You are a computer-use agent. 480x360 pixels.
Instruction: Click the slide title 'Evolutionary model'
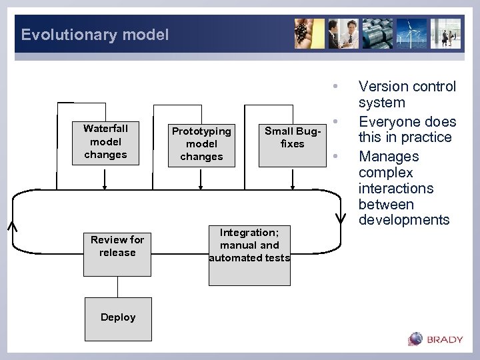(x=95, y=35)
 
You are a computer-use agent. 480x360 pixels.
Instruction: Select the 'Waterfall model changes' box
(x=105, y=141)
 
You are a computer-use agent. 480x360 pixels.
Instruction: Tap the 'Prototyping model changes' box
(x=201, y=143)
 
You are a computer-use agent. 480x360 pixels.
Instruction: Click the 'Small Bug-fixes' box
(x=292, y=137)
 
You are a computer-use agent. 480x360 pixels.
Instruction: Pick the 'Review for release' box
(x=117, y=246)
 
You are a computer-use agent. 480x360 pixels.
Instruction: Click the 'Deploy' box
(x=118, y=317)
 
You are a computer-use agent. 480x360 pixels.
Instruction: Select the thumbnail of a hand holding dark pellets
(x=310, y=33)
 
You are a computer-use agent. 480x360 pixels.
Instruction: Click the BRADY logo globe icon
(x=416, y=339)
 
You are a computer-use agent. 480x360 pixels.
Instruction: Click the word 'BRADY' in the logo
(x=445, y=339)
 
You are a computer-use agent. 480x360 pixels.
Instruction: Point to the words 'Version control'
(x=407, y=87)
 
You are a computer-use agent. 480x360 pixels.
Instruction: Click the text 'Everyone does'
(x=407, y=122)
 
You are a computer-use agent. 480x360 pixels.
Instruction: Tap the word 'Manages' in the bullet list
(x=389, y=157)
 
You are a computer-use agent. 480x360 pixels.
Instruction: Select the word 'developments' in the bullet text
(x=404, y=220)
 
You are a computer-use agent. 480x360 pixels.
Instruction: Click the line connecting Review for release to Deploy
(x=118, y=287)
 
